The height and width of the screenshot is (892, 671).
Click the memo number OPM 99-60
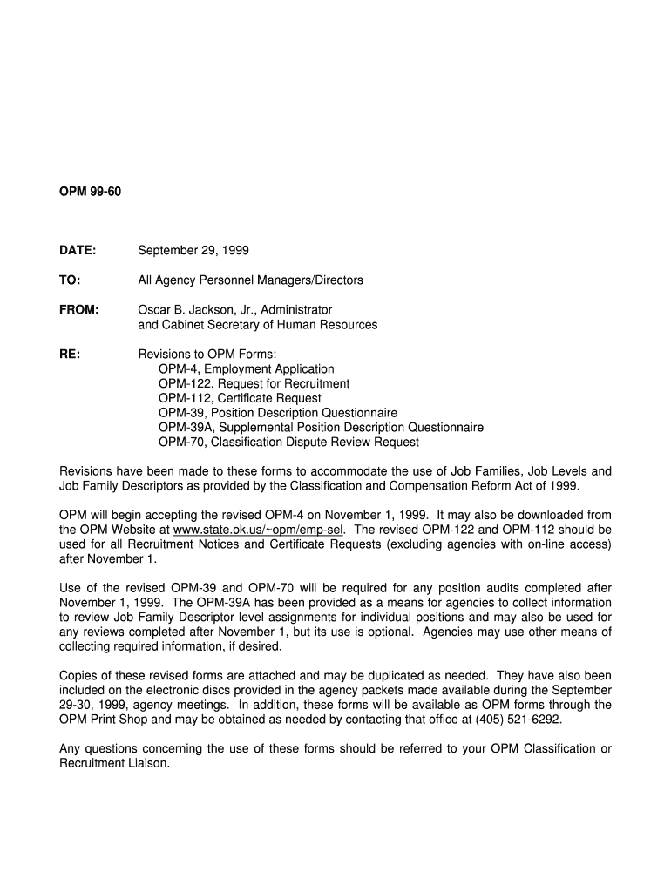[90, 191]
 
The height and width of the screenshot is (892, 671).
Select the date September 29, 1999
[193, 251]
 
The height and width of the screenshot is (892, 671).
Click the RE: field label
[69, 355]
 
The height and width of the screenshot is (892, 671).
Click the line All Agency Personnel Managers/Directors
[251, 280]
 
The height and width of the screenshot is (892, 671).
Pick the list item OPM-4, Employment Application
[246, 369]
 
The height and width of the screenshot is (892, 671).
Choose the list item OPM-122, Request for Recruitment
[254, 384]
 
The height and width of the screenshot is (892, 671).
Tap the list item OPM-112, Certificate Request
[240, 399]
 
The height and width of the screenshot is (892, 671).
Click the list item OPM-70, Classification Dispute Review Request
[288, 443]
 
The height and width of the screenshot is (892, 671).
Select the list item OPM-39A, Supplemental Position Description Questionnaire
[321, 428]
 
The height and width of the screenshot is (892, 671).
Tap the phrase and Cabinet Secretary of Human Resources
[258, 325]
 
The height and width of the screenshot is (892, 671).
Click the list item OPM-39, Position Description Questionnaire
[278, 413]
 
